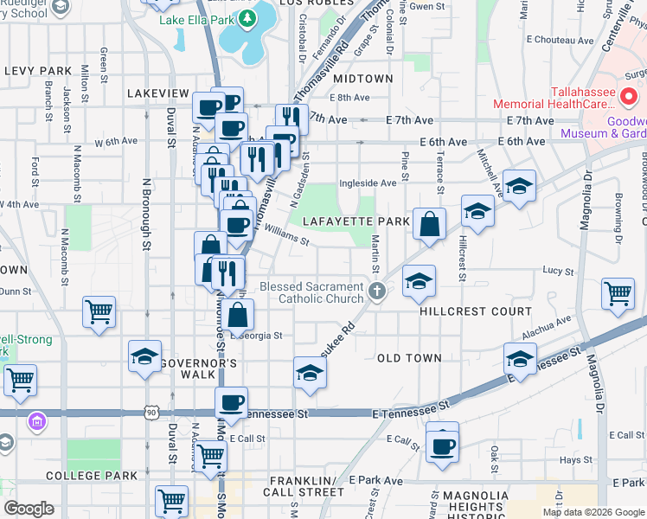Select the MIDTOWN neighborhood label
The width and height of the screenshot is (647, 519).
pos(362,79)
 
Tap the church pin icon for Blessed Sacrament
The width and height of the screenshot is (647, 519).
pos(376,292)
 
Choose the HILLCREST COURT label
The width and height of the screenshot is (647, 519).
pos(476,311)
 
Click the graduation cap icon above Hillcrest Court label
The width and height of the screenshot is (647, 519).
pos(419,280)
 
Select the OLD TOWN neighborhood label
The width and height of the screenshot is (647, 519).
pos(409,358)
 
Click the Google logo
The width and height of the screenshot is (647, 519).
pos(29,509)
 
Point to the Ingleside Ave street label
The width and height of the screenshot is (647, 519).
pos(368,183)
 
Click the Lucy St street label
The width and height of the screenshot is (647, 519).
pos(553,271)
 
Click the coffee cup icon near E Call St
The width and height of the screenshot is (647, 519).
pos(442,445)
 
